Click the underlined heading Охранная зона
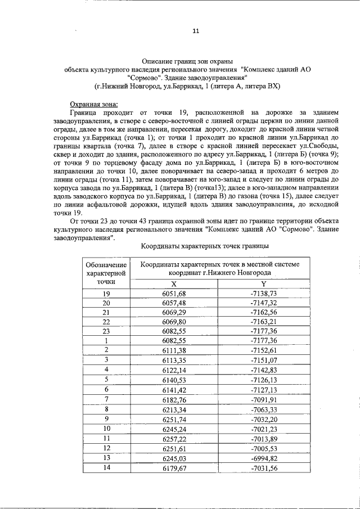coord(94,104)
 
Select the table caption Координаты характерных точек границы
coord(203,246)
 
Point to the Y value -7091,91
coord(263,399)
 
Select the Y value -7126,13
coord(263,379)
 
